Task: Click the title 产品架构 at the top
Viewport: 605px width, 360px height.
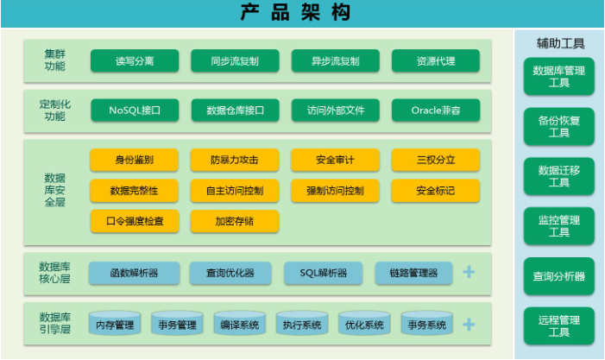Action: coord(295,13)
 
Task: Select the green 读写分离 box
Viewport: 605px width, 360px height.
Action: coord(135,60)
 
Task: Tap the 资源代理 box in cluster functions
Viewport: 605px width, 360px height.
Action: coord(436,60)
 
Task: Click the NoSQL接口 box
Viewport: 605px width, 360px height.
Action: coord(135,111)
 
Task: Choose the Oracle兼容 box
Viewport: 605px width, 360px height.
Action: coord(436,111)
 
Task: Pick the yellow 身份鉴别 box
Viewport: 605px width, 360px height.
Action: coord(135,160)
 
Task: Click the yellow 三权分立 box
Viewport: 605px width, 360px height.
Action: coord(436,160)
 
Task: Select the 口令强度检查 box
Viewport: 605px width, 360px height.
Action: coord(135,221)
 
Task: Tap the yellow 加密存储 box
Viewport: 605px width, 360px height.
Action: coord(235,221)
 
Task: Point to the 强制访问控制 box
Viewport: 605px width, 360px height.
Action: coord(336,191)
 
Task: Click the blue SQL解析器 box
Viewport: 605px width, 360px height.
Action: coord(324,273)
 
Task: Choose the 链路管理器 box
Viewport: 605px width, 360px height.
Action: coord(413,273)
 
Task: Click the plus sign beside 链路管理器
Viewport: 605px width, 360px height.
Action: coord(469,272)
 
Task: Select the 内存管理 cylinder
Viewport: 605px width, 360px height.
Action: coord(115,324)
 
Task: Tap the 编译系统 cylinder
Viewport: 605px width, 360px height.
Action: coord(240,324)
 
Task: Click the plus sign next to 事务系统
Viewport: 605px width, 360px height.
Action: coord(469,325)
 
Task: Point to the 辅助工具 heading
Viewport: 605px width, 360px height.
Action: coord(560,43)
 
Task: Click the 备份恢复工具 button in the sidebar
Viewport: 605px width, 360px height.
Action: coord(559,127)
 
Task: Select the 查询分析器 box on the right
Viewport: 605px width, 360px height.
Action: coord(559,276)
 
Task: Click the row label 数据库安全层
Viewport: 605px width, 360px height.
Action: coord(54,190)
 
